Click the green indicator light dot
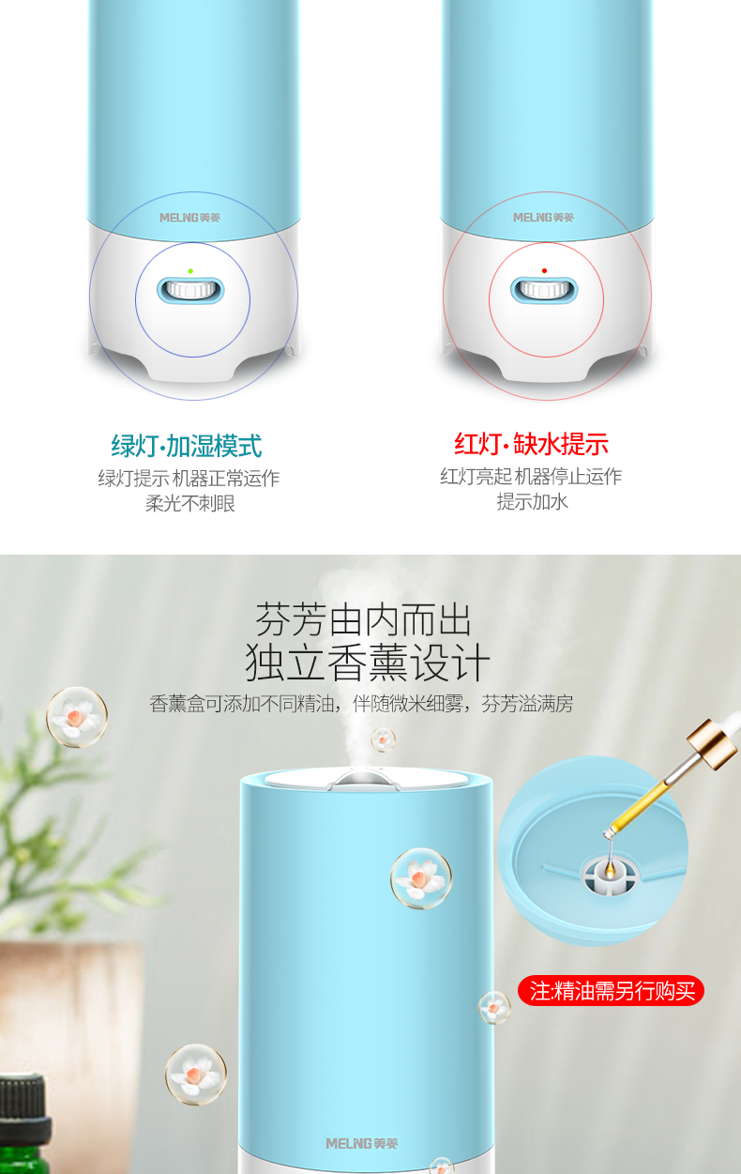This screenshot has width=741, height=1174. coord(190,271)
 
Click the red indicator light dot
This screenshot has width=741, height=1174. coord(544,271)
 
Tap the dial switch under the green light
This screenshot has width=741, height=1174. coord(191,290)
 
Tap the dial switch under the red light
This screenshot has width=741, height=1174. coord(544,290)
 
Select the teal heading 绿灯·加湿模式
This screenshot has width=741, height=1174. coord(187,446)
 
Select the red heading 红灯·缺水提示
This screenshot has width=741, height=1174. coord(531,444)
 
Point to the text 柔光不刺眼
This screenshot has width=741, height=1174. coord(189,504)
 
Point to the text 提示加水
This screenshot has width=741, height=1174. coord(532,502)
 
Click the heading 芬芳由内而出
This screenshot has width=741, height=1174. coord(363,620)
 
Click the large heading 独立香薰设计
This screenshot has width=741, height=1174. coord(368,663)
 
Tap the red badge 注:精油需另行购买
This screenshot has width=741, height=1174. coord(611,991)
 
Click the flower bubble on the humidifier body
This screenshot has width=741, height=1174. coord(420,878)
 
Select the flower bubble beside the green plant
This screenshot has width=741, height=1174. coord(76,717)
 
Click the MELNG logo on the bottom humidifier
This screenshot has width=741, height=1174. coord(362,1144)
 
